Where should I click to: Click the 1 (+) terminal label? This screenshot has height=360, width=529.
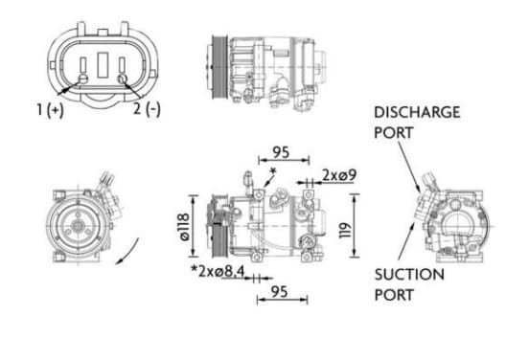(50, 110)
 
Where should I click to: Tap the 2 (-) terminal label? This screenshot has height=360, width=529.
(147, 109)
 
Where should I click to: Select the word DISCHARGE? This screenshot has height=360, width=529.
(417, 112)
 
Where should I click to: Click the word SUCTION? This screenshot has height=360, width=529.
(409, 275)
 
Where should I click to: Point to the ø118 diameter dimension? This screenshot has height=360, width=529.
(185, 227)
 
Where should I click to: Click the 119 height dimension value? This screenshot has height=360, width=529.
(345, 230)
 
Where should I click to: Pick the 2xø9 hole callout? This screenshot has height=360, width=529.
(339, 175)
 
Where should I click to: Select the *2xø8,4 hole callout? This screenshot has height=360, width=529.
(218, 271)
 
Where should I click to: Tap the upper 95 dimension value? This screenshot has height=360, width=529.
(281, 152)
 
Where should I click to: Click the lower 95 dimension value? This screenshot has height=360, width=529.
(280, 292)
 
